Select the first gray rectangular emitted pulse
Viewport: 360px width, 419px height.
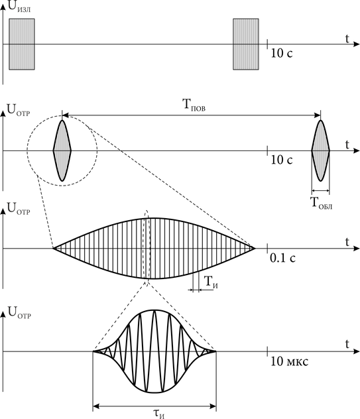[22, 44]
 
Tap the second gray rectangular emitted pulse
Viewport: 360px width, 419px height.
[245, 44]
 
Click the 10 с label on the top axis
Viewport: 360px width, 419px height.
[282, 53]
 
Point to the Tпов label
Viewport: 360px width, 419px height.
[194, 105]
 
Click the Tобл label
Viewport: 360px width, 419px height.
[321, 203]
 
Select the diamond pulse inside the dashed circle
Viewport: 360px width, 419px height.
[62, 150]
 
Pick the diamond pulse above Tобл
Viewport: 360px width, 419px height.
[320, 150]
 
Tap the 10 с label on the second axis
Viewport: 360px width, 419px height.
[282, 160]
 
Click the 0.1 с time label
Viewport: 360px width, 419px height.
[282, 258]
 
